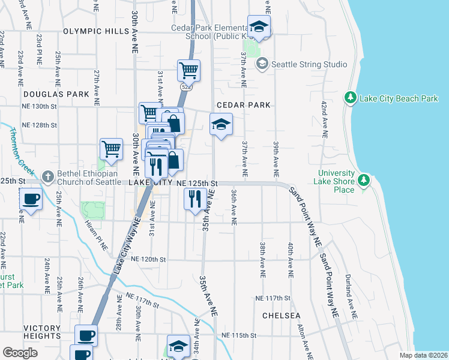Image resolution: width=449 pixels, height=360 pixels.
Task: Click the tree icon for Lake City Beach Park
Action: (351, 97)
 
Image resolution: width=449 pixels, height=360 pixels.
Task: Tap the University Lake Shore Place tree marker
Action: (363, 179)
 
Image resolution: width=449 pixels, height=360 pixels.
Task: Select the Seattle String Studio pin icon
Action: (262, 64)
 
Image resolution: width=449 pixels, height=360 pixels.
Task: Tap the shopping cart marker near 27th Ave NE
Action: (111, 149)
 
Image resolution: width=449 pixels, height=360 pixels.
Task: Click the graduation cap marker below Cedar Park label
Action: (221, 124)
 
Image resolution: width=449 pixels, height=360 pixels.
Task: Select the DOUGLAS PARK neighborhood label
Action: (56, 94)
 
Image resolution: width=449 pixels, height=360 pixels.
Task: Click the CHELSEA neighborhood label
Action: (281, 315)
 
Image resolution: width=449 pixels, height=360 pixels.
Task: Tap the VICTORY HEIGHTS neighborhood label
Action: (50, 328)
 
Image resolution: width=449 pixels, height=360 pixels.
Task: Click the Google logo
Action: (20, 353)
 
